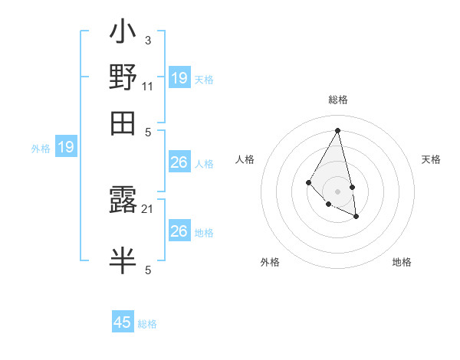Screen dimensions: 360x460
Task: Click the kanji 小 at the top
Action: click(x=123, y=34)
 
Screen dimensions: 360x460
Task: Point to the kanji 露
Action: click(x=123, y=201)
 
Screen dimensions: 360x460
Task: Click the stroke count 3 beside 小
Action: click(x=147, y=40)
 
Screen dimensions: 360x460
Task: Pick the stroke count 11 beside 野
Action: click(x=148, y=86)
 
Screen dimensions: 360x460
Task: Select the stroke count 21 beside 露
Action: click(x=148, y=208)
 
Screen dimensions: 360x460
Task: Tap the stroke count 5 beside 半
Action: click(x=148, y=270)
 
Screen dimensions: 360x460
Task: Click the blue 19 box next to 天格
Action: click(x=179, y=77)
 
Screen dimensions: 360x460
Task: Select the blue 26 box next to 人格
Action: click(x=179, y=162)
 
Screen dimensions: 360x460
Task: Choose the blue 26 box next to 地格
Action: click(x=179, y=231)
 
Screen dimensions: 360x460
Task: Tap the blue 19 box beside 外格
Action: click(x=66, y=147)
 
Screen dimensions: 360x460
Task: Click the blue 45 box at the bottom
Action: click(x=123, y=322)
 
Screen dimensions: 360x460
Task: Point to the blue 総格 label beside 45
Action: click(x=147, y=324)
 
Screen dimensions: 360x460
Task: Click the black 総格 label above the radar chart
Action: click(x=337, y=100)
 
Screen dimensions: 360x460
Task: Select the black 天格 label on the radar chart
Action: click(x=431, y=159)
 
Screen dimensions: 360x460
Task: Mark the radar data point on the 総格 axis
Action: click(x=337, y=129)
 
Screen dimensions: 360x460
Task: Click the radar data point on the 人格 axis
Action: click(x=308, y=182)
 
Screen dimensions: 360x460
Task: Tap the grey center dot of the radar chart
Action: click(x=337, y=191)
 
